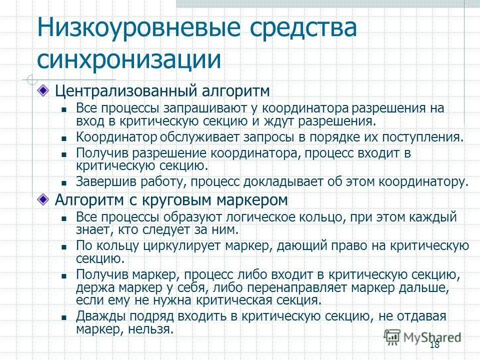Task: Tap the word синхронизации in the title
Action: tap(129, 59)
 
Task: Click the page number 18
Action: tap(434, 345)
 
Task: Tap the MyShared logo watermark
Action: tap(422, 336)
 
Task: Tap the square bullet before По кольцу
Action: tap(64, 247)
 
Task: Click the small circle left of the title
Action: tap(31, 78)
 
